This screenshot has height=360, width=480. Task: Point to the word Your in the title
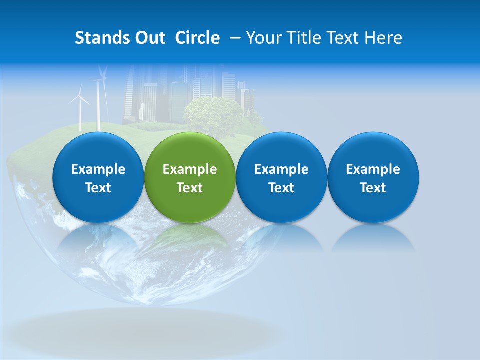click(x=263, y=38)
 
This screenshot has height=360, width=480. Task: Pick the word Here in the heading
click(x=383, y=38)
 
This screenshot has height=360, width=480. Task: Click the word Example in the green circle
click(x=190, y=169)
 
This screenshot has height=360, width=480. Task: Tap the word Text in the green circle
click(x=190, y=188)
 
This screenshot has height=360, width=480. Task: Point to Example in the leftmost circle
click(x=98, y=169)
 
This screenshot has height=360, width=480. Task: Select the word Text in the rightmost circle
click(x=373, y=188)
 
